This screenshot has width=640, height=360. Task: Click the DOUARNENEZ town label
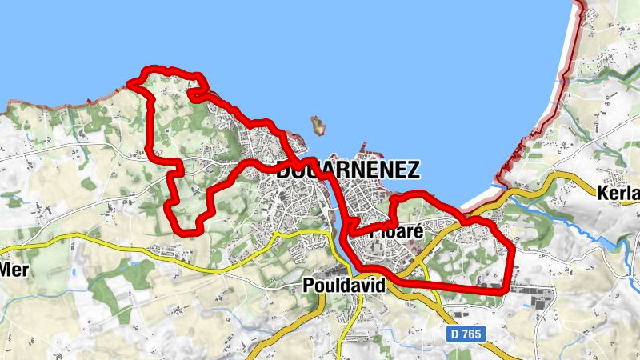coord(349,170)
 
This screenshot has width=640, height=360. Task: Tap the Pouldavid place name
coord(345,286)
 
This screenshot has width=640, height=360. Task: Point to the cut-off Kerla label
coord(618,192)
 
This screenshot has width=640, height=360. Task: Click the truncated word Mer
coord(14,270)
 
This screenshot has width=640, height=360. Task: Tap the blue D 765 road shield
coord(465,334)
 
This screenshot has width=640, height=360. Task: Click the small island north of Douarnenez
coord(319,125)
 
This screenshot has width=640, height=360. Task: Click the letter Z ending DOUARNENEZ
coord(412,170)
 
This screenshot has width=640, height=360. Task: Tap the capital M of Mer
coord(6,270)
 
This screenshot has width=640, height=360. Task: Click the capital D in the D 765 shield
coord(454,334)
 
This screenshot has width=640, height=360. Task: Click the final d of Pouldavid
coord(381,286)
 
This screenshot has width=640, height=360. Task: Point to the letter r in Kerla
coord(624,192)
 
